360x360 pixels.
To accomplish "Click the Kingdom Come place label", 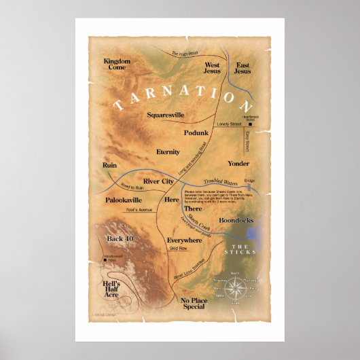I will pyautogui.click(x=116, y=65).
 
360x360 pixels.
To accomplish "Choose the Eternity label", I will pyautogui.click(x=168, y=151).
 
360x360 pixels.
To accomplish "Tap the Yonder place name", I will pyautogui.click(x=238, y=164).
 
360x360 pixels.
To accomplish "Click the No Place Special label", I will pyautogui.click(x=193, y=303).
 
